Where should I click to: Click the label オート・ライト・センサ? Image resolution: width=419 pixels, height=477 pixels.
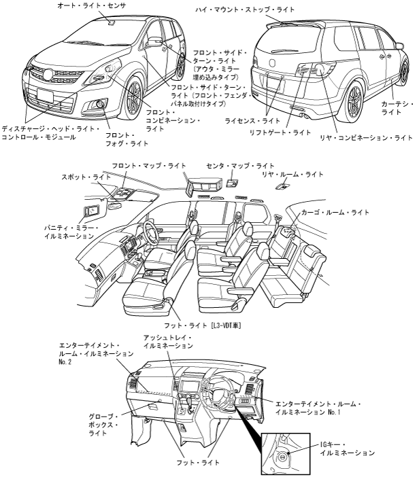[x=88, y=5]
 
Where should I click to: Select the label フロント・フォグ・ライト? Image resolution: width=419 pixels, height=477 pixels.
[x=127, y=139]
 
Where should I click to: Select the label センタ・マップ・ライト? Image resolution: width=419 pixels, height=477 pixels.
[x=241, y=166]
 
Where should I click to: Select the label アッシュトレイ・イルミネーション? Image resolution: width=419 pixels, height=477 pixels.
[x=168, y=342]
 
